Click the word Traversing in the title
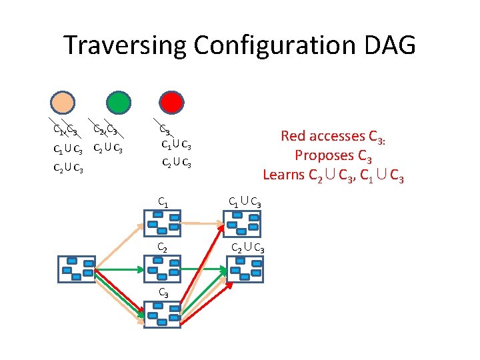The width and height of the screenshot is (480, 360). (x=125, y=45)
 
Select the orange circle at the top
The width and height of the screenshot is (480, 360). (x=65, y=103)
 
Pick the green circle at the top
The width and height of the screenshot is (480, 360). (x=117, y=103)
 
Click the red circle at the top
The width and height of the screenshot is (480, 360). (x=172, y=103)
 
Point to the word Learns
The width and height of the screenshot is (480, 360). (x=284, y=175)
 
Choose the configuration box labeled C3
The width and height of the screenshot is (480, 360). (x=162, y=313)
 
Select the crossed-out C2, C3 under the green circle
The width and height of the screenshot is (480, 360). (x=105, y=129)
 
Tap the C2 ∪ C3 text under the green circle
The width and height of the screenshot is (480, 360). (x=107, y=148)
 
